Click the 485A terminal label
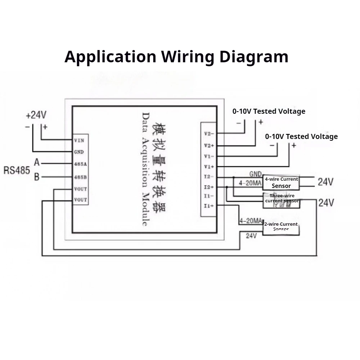click(79, 164)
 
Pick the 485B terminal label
click(79, 177)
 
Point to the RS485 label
click(17, 170)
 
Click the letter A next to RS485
click(37, 163)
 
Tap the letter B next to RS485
click(37, 177)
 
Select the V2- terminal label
click(209, 134)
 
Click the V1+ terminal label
click(209, 167)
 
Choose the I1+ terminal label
click(209, 206)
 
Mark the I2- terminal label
click(209, 177)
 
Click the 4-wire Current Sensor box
click(281, 183)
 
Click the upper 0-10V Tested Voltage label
click(269, 111)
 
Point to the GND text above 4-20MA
click(255, 174)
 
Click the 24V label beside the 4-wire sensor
click(325, 182)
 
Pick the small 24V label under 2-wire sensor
click(251, 236)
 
